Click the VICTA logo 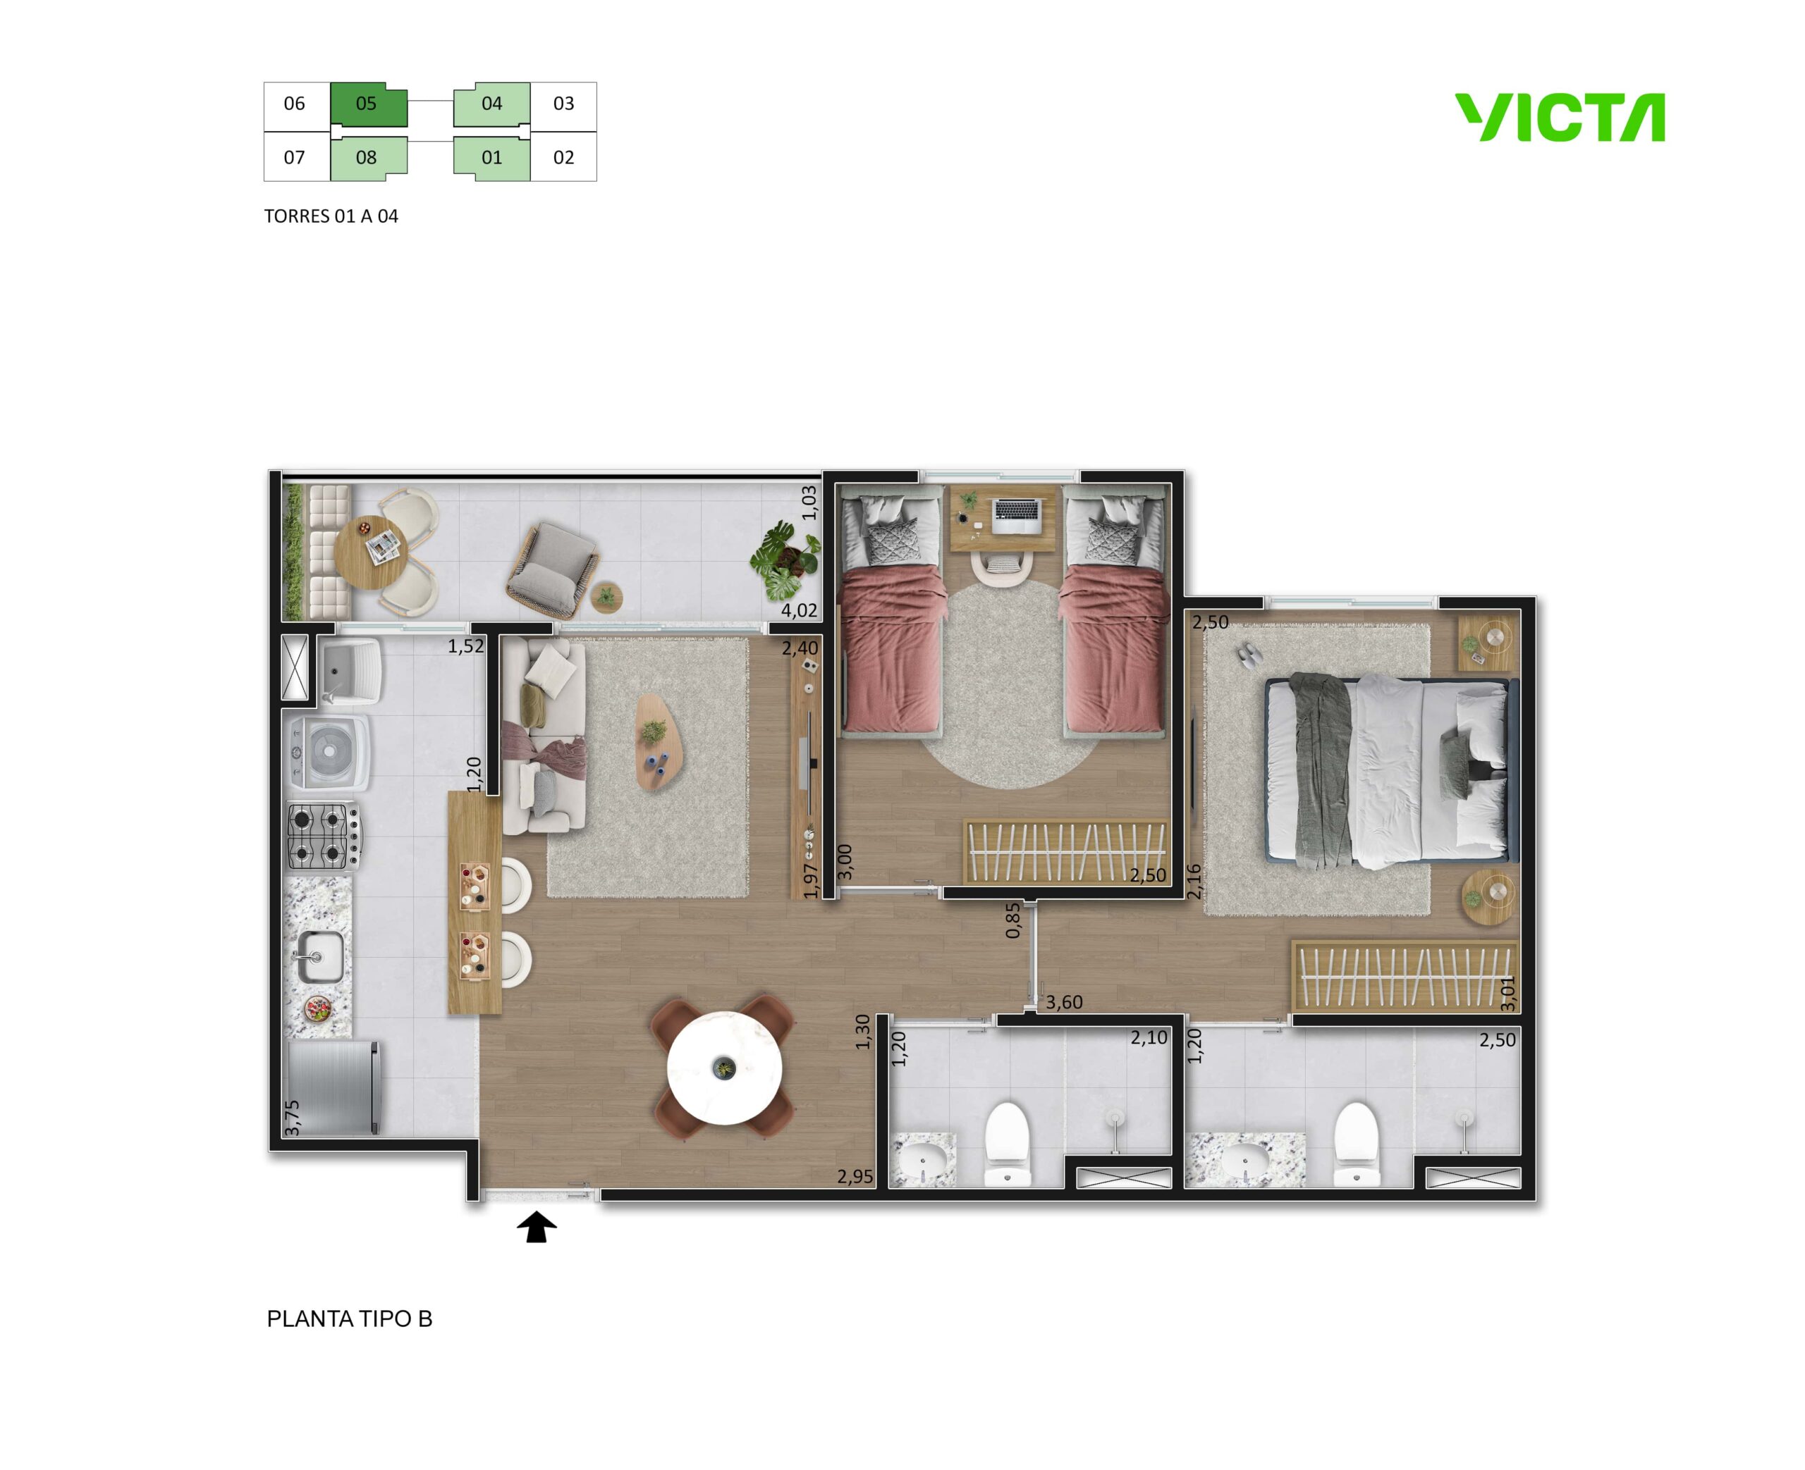(1560, 117)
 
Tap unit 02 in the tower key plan (563, 158)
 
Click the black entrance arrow (536, 1227)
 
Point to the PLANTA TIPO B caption (349, 1318)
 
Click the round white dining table (723, 1068)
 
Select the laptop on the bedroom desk (1017, 516)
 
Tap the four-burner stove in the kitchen (324, 836)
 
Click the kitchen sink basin (319, 958)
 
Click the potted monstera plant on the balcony (785, 560)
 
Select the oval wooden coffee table (659, 743)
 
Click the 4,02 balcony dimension (799, 610)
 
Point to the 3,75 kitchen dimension (292, 1118)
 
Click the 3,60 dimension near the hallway (1064, 1002)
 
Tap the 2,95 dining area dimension (855, 1176)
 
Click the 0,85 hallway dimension (1013, 920)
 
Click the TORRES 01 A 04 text (331, 216)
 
